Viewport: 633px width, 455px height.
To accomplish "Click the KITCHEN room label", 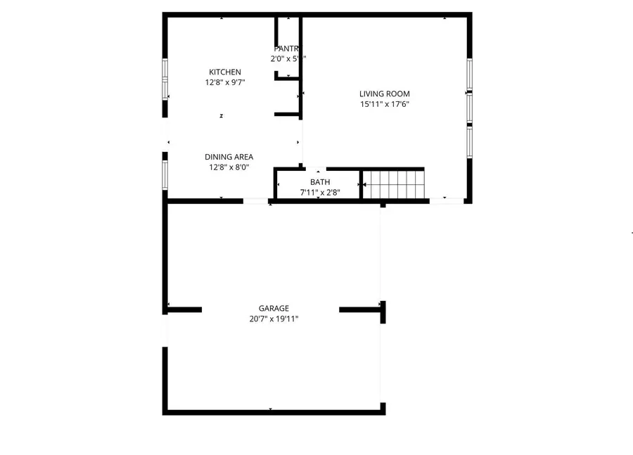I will tap(225, 72).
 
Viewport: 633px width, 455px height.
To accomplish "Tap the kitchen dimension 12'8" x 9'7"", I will tap(225, 82).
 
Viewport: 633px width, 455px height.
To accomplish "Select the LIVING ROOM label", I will tap(384, 94).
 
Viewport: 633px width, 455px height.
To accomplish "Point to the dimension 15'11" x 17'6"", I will tap(384, 104).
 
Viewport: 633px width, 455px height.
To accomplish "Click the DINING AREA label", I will tap(229, 157).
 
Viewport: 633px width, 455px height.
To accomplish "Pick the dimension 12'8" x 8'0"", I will tap(229, 167).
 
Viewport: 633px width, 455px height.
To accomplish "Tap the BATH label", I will tap(320, 182).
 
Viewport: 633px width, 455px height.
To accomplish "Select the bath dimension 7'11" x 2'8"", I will tap(320, 192).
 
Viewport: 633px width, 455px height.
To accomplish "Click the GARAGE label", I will tap(274, 308).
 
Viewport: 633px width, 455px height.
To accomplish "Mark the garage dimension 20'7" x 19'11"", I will tap(274, 319).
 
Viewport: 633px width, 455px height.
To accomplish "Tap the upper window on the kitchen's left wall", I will tap(165, 79).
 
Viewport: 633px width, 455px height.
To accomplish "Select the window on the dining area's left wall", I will tap(165, 171).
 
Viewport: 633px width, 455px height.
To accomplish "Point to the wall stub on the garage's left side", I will tap(184, 309).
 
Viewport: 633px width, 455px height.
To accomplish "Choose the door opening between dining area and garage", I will tap(256, 201).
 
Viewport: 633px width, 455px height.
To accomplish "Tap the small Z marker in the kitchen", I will tap(222, 116).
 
